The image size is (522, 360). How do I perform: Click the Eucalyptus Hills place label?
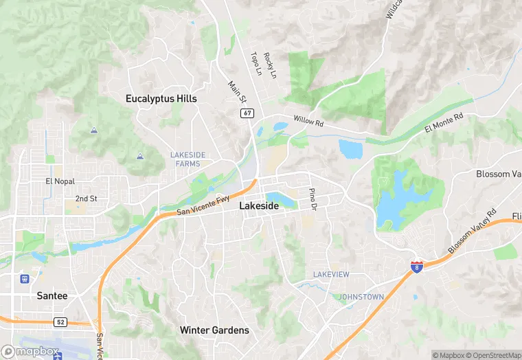[x=161, y=99]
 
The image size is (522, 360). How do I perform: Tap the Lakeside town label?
[x=259, y=206]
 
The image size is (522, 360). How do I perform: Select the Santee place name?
[x=52, y=295]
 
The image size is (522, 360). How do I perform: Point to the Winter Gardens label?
[x=214, y=330]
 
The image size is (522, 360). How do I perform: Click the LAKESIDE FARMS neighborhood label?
[x=188, y=159]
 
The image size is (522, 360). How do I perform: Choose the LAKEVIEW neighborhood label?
[x=331, y=275]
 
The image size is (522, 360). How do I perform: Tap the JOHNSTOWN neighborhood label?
[x=361, y=297]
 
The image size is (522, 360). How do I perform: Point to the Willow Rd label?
[x=308, y=122]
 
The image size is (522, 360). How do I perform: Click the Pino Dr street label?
[x=313, y=199]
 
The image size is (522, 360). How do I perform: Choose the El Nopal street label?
[x=58, y=181]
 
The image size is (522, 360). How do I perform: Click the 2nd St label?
[x=86, y=199]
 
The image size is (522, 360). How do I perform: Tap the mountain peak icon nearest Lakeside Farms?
[x=140, y=156]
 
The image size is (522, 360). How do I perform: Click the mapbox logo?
[x=30, y=351]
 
